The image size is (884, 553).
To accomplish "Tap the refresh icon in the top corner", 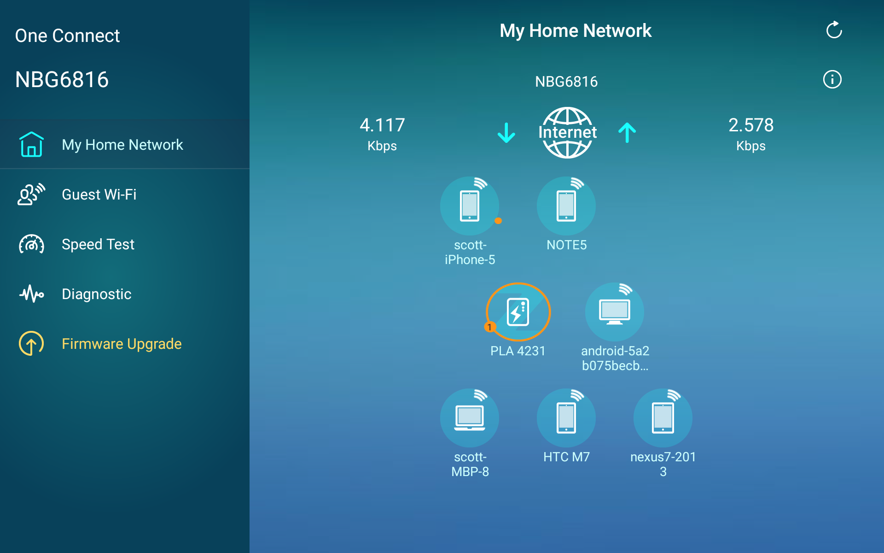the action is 834,30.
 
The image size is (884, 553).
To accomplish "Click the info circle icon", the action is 832,79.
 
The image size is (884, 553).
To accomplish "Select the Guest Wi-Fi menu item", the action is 99,194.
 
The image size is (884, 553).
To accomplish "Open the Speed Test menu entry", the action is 98,244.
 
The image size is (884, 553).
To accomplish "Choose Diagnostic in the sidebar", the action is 97,294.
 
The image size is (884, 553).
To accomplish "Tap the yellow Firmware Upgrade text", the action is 122,344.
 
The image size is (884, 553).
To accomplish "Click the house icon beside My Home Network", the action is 31,144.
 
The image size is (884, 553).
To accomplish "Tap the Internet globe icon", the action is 567,133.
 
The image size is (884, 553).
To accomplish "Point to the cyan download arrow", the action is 506,133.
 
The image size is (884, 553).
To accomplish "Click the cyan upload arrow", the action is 627,133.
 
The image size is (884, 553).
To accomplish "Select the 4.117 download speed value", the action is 382,125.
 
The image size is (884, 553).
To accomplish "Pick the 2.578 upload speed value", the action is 751,125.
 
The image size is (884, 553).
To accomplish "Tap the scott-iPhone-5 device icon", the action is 470,206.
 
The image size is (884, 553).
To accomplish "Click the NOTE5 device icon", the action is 566,206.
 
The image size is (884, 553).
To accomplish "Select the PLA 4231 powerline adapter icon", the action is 518,312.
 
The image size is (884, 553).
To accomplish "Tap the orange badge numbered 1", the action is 489,327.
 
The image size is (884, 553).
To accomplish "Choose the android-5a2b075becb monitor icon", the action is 615,312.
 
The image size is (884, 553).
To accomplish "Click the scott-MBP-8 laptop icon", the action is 470,418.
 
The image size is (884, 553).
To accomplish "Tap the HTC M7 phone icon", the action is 566,418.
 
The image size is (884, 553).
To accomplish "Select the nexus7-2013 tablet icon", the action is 663,418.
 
